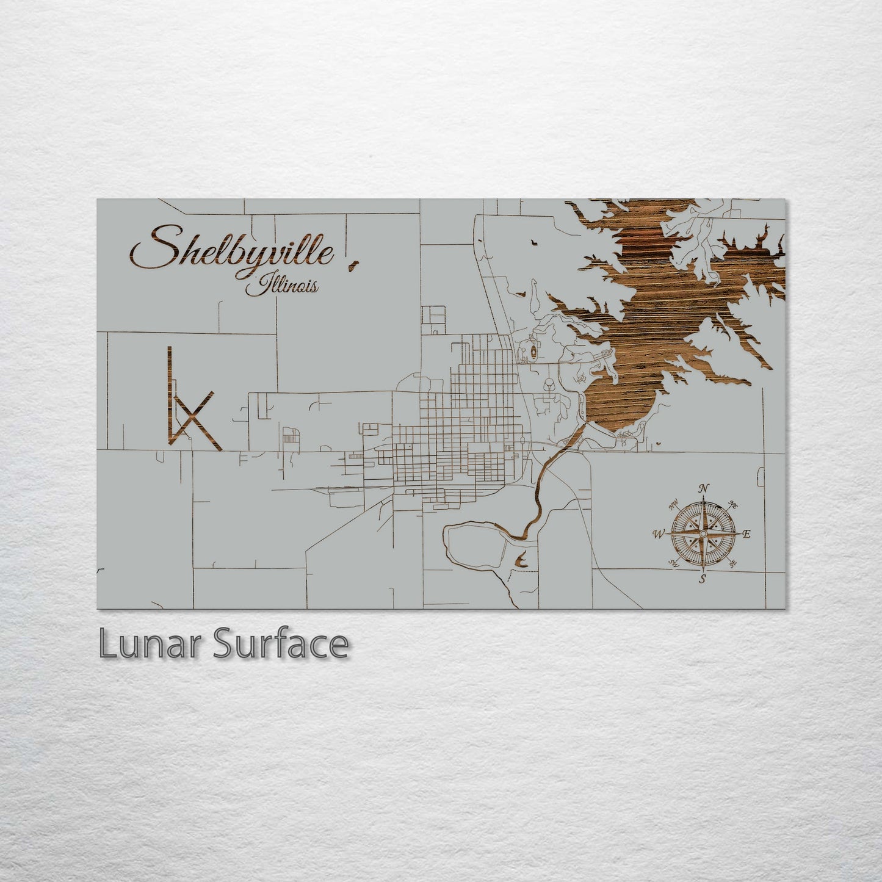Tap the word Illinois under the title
point(283,285)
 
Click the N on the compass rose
point(704,488)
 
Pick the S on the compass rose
point(703,579)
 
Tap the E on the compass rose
point(746,534)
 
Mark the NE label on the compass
point(734,505)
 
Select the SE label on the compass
point(733,563)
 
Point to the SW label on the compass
point(674,563)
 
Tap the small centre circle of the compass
point(703,534)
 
